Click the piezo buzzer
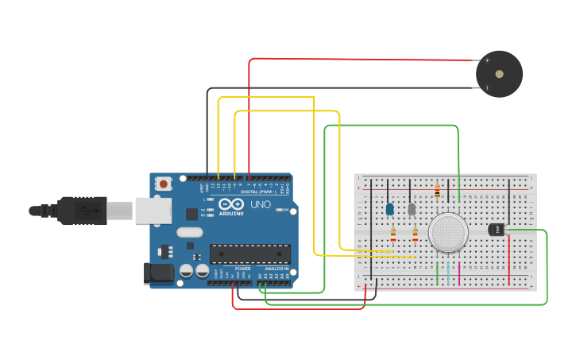(499, 74)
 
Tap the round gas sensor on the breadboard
(447, 232)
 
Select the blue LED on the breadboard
(389, 209)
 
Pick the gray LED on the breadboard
(412, 209)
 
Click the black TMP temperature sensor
(496, 229)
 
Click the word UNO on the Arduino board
(261, 204)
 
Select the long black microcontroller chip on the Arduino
(249, 254)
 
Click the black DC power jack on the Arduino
(158, 273)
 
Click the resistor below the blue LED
(393, 234)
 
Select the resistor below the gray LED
(415, 234)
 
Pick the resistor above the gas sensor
(437, 191)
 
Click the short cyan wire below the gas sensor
(448, 273)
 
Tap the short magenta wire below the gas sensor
(459, 273)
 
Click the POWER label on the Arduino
(242, 269)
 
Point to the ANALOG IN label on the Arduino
(276, 269)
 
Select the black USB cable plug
(79, 211)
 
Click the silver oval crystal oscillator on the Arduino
(190, 233)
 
